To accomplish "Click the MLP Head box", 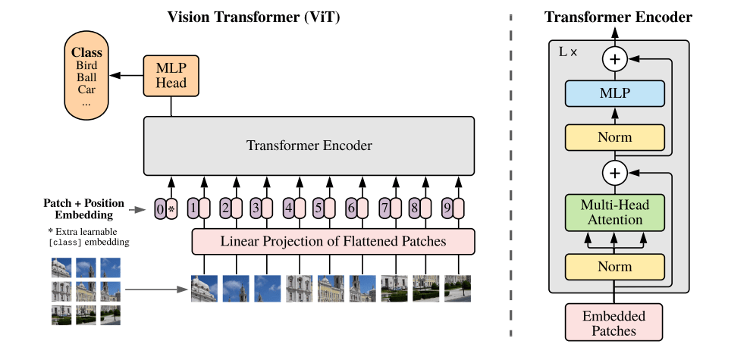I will (171, 75).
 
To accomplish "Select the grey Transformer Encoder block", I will (309, 146).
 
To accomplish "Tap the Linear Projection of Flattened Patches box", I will (333, 242).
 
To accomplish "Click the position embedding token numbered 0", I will (159, 208).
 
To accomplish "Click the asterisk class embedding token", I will (171, 208).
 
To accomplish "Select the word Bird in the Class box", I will (86, 65).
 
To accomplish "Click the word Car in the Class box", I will (86, 89).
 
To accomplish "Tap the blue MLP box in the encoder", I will (615, 94).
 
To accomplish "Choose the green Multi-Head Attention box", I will (615, 211).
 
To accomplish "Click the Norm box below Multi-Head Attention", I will (615, 268).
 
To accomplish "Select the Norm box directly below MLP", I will (615, 138).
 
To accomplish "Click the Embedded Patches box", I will (615, 323).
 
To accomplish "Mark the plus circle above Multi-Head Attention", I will (615, 174).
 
